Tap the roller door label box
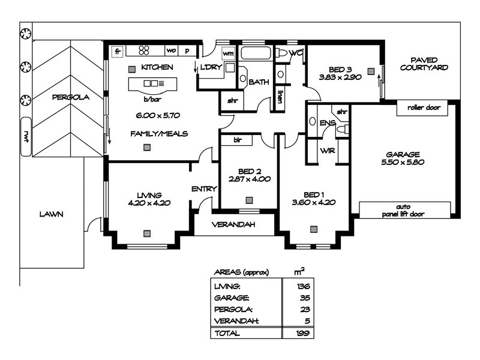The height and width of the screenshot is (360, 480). tap(424, 108)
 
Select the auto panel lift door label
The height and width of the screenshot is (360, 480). tap(407, 209)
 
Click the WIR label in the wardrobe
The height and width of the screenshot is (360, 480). tap(327, 151)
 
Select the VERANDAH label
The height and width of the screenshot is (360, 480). tap(233, 225)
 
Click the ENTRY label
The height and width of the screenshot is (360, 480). tap(204, 189)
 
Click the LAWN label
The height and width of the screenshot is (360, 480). tap(52, 214)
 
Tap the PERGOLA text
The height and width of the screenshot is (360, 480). tap(71, 97)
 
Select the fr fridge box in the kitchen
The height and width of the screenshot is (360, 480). tap(118, 50)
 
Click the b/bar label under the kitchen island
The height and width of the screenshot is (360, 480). tap(150, 99)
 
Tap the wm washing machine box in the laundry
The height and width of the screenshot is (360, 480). tap(228, 53)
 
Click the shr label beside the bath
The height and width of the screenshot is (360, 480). tap(232, 101)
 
